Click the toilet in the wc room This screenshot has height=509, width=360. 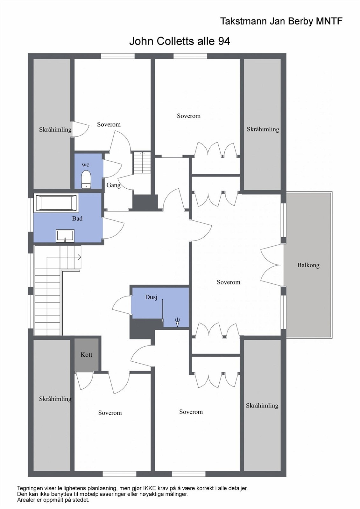86,179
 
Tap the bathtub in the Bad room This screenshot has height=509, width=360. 56,203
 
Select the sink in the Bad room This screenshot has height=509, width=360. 65,236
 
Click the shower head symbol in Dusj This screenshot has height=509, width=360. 177,322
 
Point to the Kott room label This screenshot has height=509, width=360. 86,354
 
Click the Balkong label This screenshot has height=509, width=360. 308,265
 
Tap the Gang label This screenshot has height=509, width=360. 113,185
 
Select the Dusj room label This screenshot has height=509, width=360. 151,297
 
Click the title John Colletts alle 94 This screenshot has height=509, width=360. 180,41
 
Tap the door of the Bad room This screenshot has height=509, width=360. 113,228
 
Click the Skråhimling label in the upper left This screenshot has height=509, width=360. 55,129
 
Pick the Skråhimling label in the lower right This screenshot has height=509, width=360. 262,405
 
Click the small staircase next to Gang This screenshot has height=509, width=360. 142,163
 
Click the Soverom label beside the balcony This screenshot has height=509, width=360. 228,282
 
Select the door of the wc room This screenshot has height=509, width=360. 112,168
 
